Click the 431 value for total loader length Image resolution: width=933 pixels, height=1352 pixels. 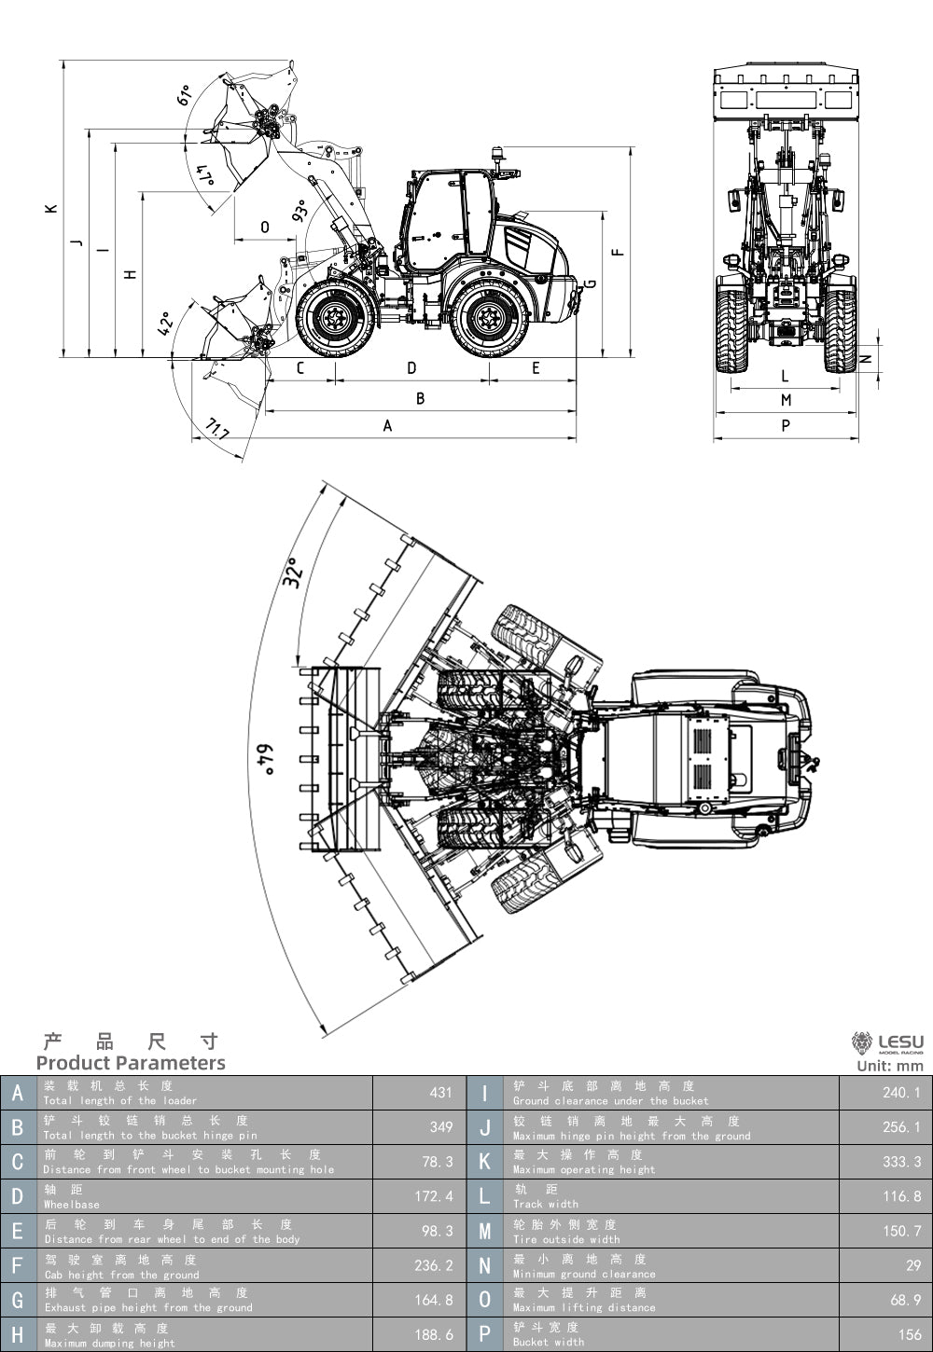point(440,1092)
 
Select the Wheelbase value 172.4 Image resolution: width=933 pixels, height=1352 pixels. point(434,1196)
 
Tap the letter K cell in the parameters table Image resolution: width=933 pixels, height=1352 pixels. point(485,1162)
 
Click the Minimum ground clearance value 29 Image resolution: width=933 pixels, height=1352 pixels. point(913,1265)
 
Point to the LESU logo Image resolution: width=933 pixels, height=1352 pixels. point(887,1044)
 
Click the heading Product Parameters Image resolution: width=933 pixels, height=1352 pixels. point(131,1063)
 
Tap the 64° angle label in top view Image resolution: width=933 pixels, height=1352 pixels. point(268,760)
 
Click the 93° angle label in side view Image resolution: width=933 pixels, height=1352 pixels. point(300,211)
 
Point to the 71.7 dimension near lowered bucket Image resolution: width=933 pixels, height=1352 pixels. point(216,431)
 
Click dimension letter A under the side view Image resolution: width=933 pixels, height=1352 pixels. point(388,426)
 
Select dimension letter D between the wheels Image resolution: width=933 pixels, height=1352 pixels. point(412,368)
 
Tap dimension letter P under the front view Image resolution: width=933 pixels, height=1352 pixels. point(786,426)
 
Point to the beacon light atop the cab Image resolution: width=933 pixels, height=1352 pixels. point(498,155)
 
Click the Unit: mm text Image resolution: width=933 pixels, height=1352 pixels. point(889,1066)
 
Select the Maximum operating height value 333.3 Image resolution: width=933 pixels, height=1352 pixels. point(901,1162)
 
